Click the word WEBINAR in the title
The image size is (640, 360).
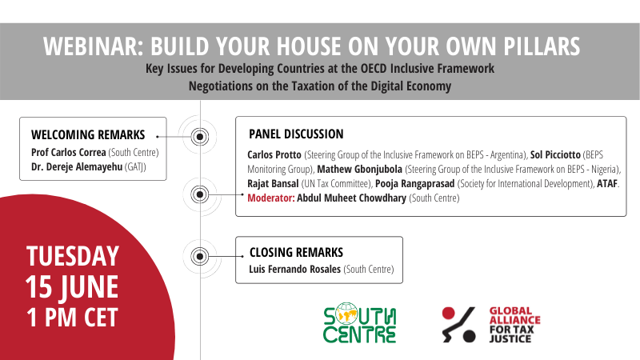(x=93, y=46)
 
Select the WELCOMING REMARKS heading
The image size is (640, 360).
(x=88, y=134)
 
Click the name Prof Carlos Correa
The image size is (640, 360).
(x=69, y=152)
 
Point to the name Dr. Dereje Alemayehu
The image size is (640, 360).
(x=77, y=167)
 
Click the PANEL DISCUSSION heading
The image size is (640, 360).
(x=296, y=134)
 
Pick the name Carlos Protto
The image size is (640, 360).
(x=274, y=155)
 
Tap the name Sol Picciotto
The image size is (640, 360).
(x=555, y=155)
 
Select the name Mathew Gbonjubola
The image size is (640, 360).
(x=359, y=170)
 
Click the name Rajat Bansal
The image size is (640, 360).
(x=273, y=184)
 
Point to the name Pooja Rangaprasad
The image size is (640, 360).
(x=414, y=184)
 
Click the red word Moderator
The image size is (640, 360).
(x=271, y=198)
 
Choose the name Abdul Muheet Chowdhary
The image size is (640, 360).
(x=351, y=198)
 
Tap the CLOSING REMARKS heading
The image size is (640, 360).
(x=296, y=252)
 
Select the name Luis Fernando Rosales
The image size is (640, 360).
(x=294, y=270)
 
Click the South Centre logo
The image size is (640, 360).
(x=359, y=322)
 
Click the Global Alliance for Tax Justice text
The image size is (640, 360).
(x=514, y=325)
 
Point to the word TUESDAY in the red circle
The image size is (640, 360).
(x=73, y=256)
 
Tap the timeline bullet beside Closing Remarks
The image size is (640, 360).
(x=200, y=256)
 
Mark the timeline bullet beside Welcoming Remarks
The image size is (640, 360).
(x=200, y=137)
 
